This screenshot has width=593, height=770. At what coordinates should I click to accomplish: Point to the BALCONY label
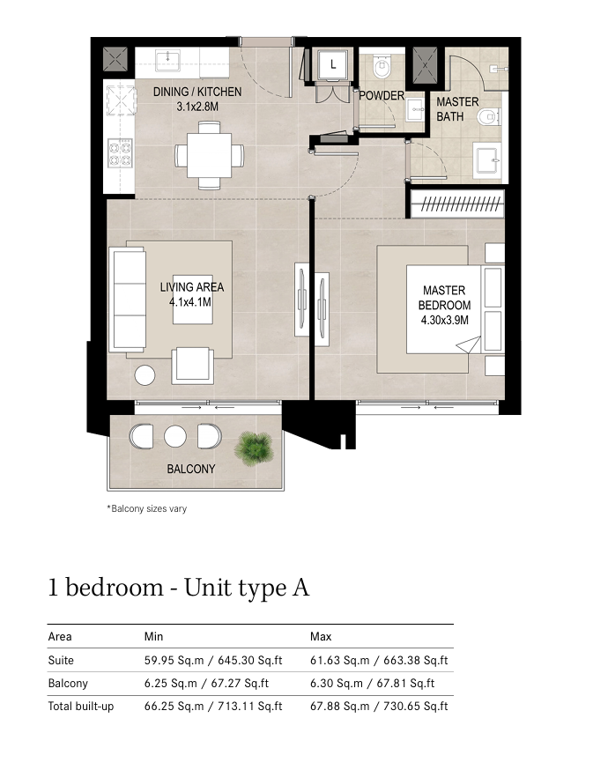point(191,469)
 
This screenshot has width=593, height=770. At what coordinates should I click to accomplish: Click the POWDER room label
point(382,96)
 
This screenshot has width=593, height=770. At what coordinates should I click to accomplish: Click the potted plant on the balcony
point(254,448)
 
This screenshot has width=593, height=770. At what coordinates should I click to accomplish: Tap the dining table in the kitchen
point(210,156)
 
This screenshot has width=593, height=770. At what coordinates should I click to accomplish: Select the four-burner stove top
point(120,152)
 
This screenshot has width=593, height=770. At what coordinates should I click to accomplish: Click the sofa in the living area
point(127,300)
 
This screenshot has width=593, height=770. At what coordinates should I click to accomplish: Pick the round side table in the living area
point(145,375)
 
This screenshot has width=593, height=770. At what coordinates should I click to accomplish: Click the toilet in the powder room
point(382,66)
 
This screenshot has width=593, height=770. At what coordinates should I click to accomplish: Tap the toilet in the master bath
point(488,117)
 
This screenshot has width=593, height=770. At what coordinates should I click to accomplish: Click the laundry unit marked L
point(332,64)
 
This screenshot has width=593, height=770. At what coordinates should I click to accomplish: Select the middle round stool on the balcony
point(174,436)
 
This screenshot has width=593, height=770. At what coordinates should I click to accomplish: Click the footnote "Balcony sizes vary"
point(147,508)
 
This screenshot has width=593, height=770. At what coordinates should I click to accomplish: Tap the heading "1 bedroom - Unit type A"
point(179,588)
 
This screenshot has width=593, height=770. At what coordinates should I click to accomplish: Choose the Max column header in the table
point(321,636)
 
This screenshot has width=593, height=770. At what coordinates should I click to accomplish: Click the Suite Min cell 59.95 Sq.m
point(174,661)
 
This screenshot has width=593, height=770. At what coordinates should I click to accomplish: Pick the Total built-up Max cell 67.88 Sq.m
point(339,707)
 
